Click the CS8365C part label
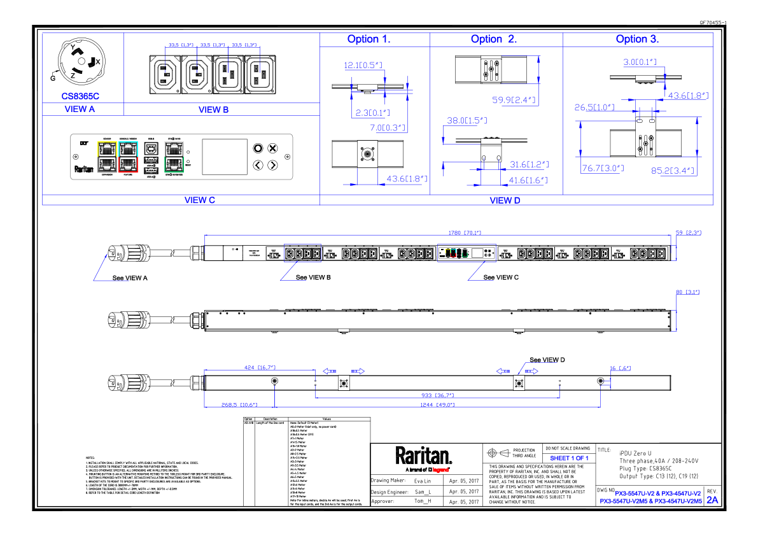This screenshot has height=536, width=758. pyautogui.click(x=80, y=96)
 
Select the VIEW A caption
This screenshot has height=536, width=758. pyautogui.click(x=80, y=109)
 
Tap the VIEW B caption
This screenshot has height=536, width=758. pyautogui.click(x=213, y=110)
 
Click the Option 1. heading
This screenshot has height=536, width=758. pyautogui.click(x=368, y=39)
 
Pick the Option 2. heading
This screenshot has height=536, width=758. pyautogui.click(x=493, y=39)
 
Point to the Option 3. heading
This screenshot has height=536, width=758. pyautogui.click(x=636, y=39)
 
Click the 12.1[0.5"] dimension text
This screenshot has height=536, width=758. pyautogui.click(x=363, y=65)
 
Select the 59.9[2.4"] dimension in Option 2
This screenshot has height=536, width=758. pyautogui.click(x=514, y=100)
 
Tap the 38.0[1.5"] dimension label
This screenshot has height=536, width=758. pyautogui.click(x=467, y=120)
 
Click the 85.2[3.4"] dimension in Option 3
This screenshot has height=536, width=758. pyautogui.click(x=673, y=171)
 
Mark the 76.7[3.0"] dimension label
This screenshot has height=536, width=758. pyautogui.click(x=603, y=169)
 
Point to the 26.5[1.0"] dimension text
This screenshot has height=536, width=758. pyautogui.click(x=594, y=108)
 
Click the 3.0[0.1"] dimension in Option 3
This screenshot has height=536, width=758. pyautogui.click(x=640, y=62)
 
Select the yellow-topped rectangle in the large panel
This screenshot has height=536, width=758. pyautogui.click(x=107, y=157)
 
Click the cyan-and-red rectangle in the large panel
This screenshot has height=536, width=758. pyautogui.click(x=128, y=157)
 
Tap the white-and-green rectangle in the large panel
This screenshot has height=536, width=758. pyautogui.click(x=174, y=157)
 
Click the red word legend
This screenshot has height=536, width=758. pyautogui.click(x=440, y=470)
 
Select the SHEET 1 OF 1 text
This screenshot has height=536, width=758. pyautogui.click(x=569, y=458)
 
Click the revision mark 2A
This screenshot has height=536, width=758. pyautogui.click(x=712, y=500)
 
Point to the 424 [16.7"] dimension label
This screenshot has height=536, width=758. pyautogui.click(x=260, y=368)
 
